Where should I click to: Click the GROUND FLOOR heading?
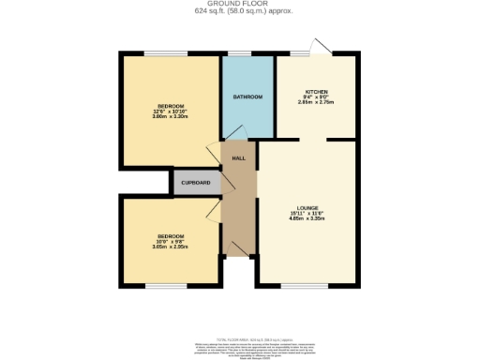pyautogui.click(x=239, y=5)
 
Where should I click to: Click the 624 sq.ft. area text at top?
pyautogui.click(x=239, y=12)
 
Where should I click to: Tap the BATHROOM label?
pyautogui.click(x=247, y=97)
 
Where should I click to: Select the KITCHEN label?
pyautogui.click(x=316, y=91)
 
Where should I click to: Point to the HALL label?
pyautogui.click(x=239, y=158)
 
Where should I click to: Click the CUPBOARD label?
pyautogui.click(x=195, y=182)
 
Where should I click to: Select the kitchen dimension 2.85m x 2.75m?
pyautogui.click(x=316, y=103)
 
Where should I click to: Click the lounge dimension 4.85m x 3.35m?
pyautogui.click(x=307, y=219)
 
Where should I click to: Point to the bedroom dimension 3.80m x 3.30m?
pyautogui.click(x=171, y=116)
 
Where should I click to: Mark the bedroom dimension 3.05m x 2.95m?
pyautogui.click(x=171, y=247)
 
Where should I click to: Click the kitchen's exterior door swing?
pyautogui.click(x=322, y=48)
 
